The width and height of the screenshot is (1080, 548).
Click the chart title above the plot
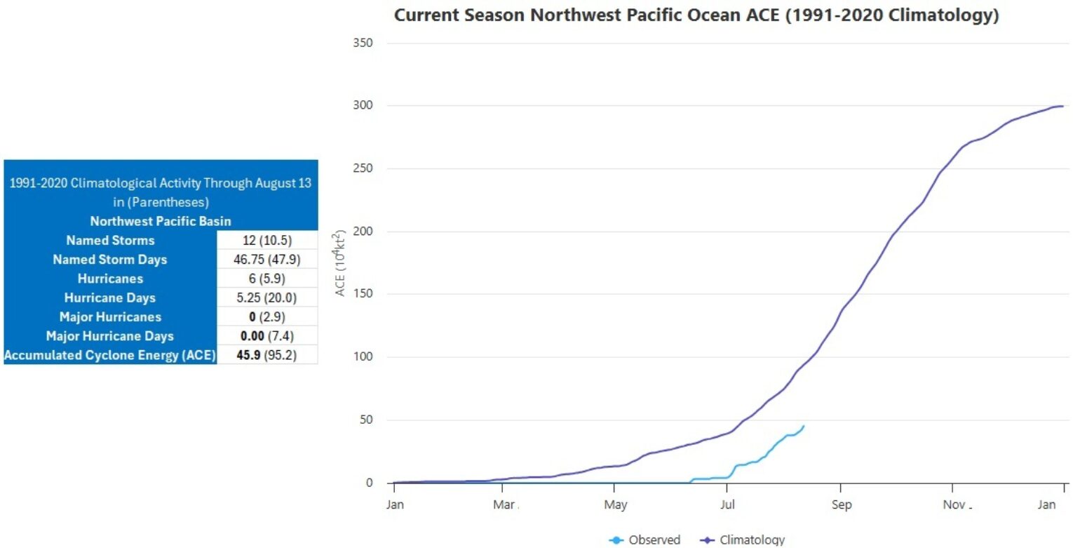pos(696,15)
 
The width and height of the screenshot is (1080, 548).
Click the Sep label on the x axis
pos(841,505)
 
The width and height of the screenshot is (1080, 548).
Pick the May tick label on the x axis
pos(615,505)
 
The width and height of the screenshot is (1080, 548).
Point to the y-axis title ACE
pos(341,263)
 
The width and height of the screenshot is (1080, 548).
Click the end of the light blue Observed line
pos(804,426)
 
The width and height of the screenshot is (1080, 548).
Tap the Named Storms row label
pos(110,240)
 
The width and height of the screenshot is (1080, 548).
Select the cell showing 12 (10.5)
pos(267,240)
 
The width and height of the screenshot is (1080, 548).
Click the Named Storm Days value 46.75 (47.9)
pos(267,260)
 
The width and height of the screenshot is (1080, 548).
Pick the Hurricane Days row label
pos(110,298)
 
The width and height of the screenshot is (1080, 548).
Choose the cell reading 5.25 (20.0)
pos(267,298)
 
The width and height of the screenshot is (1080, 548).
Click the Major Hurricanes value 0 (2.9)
pos(267,316)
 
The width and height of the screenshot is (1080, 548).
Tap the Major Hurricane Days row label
pos(110,335)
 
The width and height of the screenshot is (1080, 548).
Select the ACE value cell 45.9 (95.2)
pos(267,355)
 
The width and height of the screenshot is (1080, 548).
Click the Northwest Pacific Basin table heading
pos(161,221)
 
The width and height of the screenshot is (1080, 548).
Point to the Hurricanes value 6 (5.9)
pos(267,279)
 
